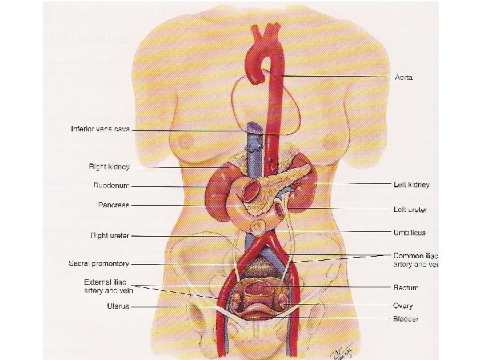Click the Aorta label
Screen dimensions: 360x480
click(403, 77)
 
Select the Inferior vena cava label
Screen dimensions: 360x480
click(100, 129)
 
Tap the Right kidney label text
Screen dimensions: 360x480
click(109, 167)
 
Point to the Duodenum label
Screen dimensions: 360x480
click(111, 186)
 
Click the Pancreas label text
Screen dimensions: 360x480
click(113, 205)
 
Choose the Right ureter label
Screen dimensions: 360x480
click(110, 235)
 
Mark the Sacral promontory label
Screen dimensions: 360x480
click(99, 264)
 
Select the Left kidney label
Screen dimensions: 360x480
click(411, 184)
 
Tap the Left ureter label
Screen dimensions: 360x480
click(410, 209)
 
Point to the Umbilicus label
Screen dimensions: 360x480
click(409, 233)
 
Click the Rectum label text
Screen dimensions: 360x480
click(405, 287)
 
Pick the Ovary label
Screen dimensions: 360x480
click(403, 305)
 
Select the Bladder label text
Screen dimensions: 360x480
click(405, 319)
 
